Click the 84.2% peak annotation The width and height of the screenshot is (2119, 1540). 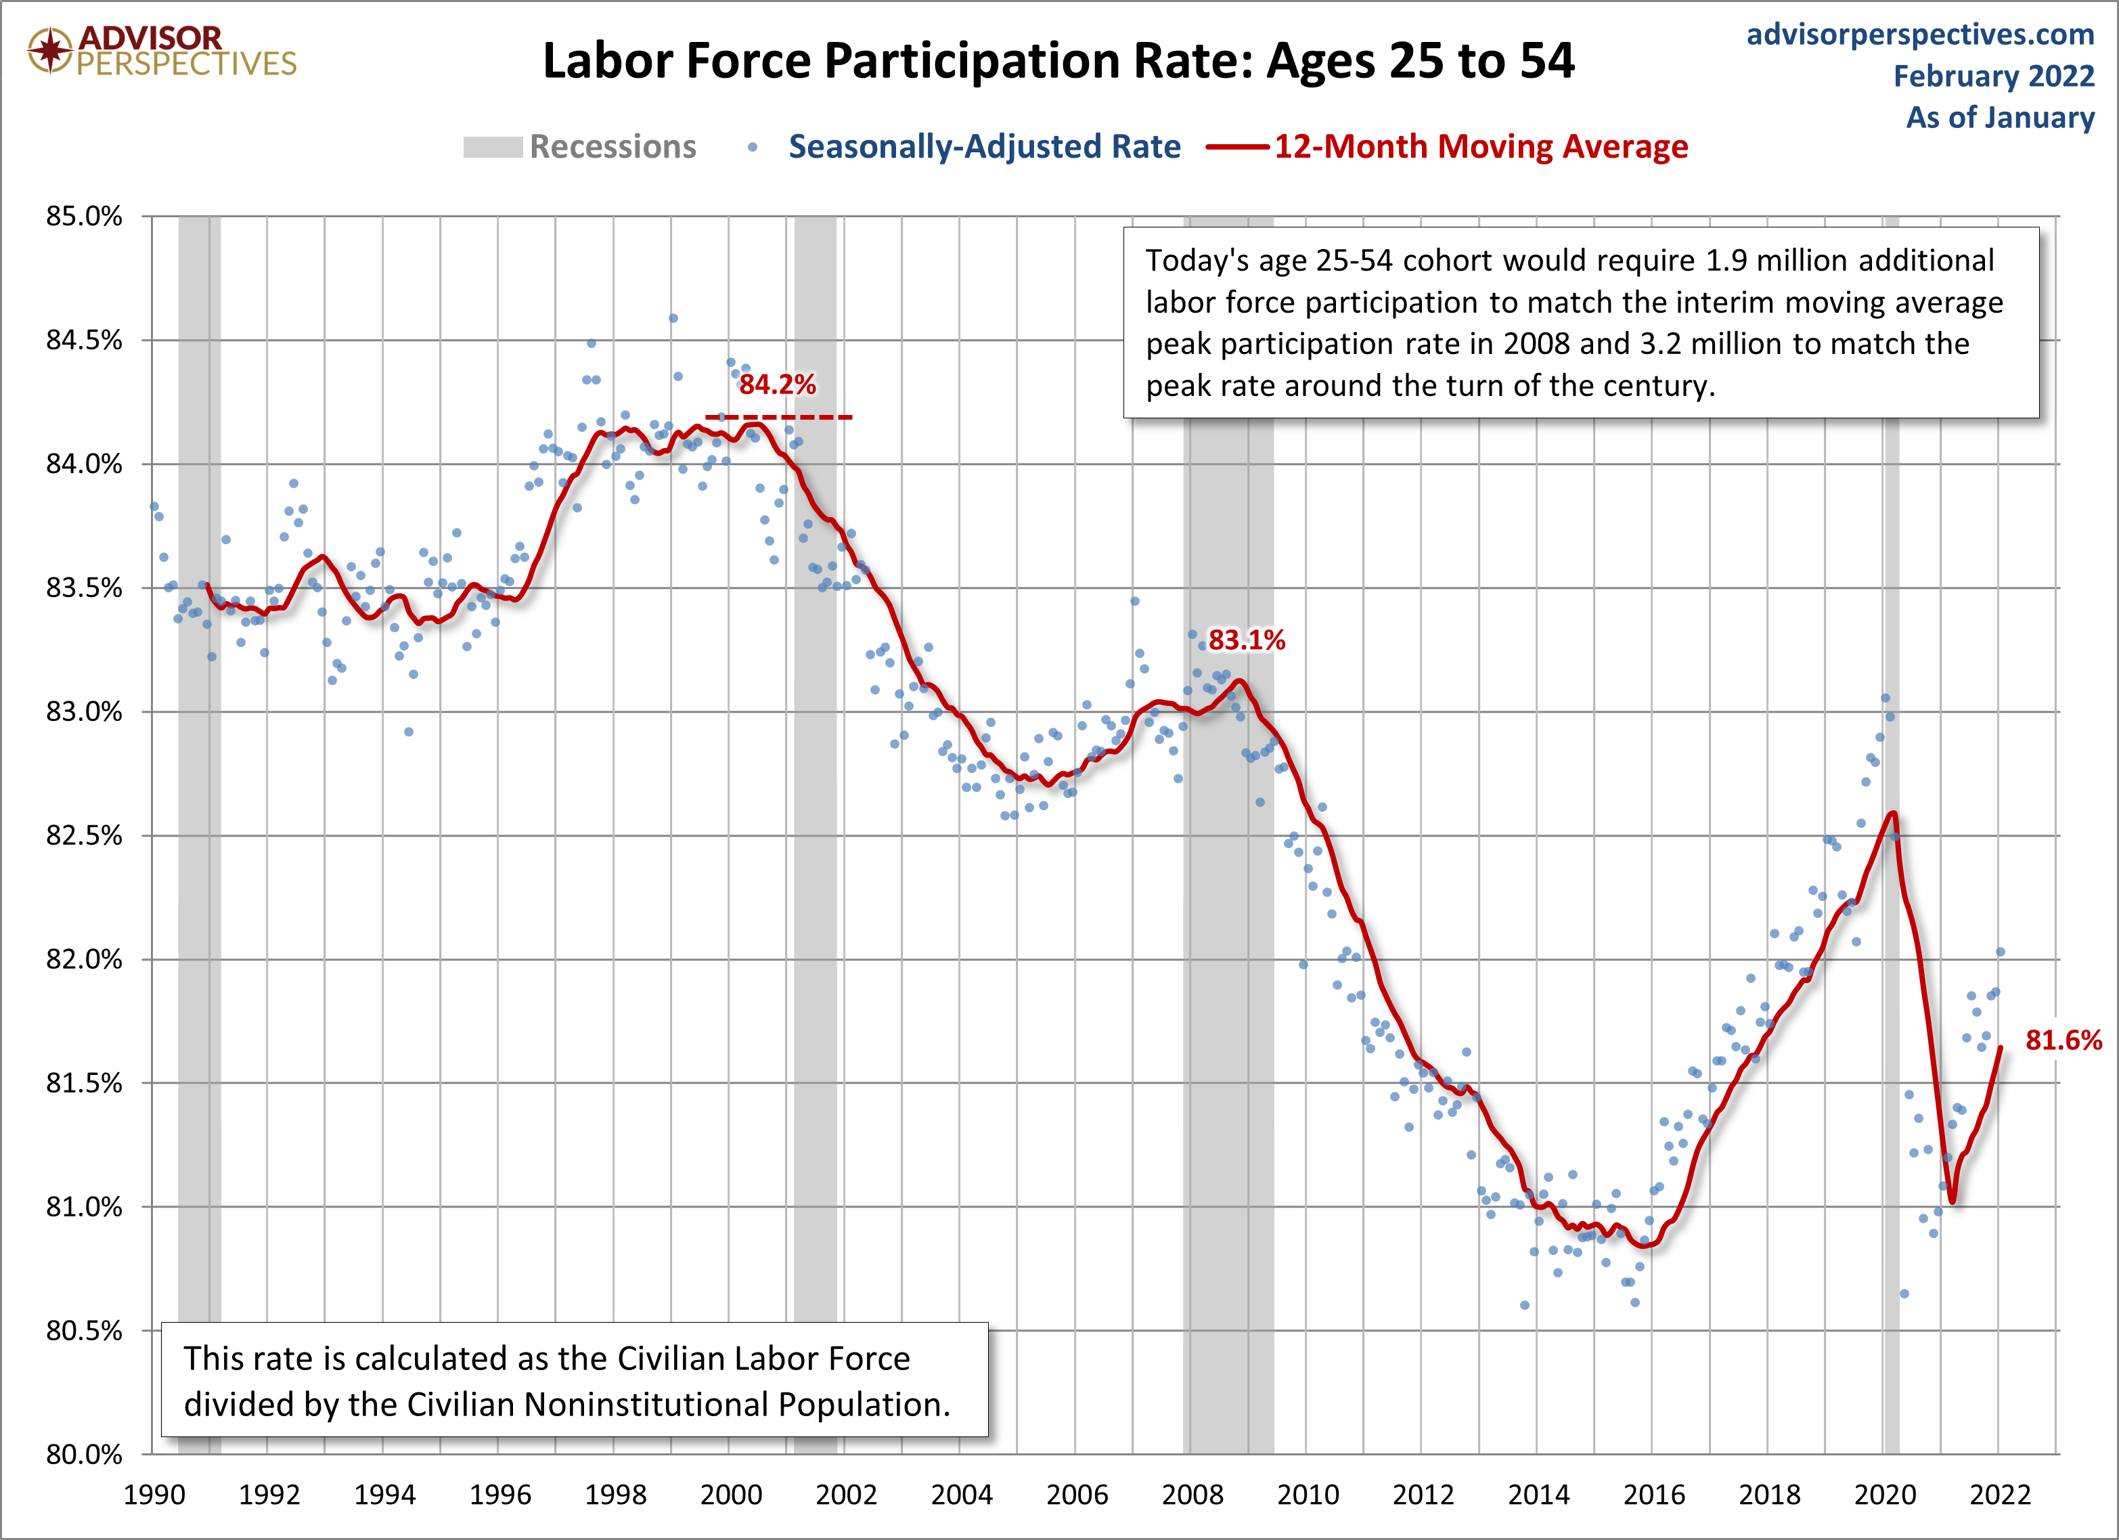pos(778,384)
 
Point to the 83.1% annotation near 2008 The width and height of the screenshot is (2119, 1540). pos(1247,640)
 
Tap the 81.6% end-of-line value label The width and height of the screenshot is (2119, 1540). pos(2063,1040)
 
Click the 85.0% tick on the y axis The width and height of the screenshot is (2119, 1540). pos(84,217)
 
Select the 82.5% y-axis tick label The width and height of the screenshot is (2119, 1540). pos(84,835)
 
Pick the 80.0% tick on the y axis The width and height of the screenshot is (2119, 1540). pos(84,1454)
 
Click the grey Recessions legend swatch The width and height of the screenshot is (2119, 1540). pos(493,148)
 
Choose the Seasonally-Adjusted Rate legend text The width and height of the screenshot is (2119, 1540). pos(985,147)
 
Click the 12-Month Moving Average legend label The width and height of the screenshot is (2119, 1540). pos(1481,147)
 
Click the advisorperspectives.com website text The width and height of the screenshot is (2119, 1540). pos(1921,35)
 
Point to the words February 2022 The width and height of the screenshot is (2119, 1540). pos(1994,76)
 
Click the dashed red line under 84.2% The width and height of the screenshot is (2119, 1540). pos(778,417)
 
